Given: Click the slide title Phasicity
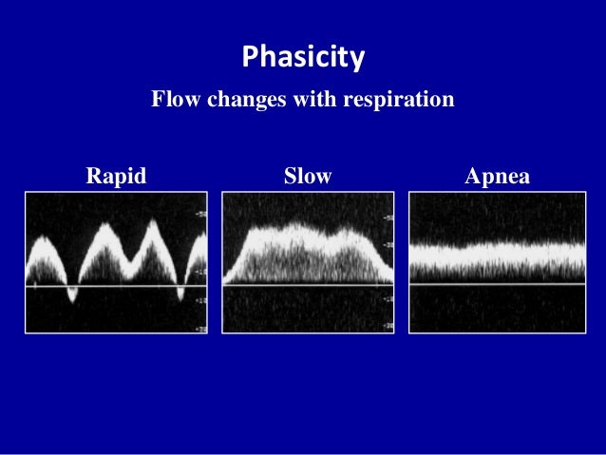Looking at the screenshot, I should (x=303, y=58).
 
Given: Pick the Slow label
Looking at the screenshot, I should (x=308, y=176).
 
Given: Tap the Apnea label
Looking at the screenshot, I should (x=497, y=176).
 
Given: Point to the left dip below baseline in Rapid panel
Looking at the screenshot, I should (x=72, y=296).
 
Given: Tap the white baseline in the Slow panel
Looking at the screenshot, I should (x=308, y=284).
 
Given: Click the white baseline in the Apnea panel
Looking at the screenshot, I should (x=497, y=283).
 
